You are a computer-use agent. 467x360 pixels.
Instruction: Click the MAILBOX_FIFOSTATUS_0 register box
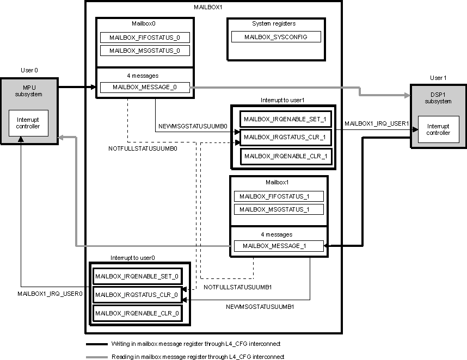[144, 38]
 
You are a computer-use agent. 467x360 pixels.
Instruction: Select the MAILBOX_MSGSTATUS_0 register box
[144, 51]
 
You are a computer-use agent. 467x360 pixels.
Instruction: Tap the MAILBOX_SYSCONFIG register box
[276, 37]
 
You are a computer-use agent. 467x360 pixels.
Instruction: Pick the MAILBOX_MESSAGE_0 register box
[144, 87]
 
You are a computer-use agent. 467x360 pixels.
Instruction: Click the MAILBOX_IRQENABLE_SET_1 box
[285, 119]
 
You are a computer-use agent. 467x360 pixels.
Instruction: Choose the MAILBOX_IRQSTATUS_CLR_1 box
[285, 138]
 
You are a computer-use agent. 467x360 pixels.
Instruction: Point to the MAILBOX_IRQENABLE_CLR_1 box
[285, 156]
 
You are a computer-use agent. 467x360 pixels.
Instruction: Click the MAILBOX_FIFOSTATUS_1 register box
[279, 196]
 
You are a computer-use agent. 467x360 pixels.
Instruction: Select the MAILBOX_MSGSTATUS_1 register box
[279, 209]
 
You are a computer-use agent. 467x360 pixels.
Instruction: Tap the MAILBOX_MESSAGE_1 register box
[278, 246]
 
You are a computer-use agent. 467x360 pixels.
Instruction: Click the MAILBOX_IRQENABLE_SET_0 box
[137, 276]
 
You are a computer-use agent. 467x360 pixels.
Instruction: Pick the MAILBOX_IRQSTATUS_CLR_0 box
[137, 295]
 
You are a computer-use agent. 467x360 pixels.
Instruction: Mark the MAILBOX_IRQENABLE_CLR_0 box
[137, 314]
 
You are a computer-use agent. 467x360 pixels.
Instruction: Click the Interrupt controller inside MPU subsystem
[28, 123]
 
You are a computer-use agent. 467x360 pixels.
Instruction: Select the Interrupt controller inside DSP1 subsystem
[438, 129]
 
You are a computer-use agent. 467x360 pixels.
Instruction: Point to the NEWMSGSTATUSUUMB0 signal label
[193, 126]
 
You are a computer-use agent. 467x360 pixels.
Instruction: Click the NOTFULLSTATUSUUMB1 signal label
[237, 287]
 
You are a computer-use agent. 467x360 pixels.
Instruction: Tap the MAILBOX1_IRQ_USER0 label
[50, 294]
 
